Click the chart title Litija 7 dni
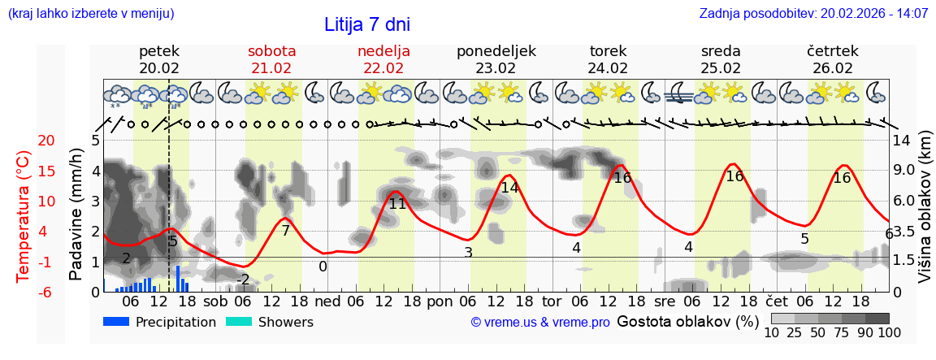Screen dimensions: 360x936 click(x=367, y=24)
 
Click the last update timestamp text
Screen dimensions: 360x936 click(x=813, y=14)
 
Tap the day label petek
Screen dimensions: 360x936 click(x=159, y=51)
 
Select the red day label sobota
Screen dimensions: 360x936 click(x=271, y=51)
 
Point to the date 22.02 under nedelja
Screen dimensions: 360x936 click(x=383, y=68)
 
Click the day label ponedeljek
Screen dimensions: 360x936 click(x=496, y=51)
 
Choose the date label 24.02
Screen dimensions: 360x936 click(x=608, y=68)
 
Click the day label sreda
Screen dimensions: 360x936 click(x=720, y=51)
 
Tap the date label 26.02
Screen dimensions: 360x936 click(x=833, y=68)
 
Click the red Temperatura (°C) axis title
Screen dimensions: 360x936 click(x=24, y=216)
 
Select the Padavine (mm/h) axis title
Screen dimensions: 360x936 click(x=76, y=215)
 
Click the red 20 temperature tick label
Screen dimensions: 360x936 click(x=24, y=141)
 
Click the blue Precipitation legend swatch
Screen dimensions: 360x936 click(x=117, y=322)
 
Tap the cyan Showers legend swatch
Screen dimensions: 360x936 click(x=239, y=322)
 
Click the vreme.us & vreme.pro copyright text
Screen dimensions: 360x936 click(x=539, y=323)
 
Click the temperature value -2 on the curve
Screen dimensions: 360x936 click(x=243, y=280)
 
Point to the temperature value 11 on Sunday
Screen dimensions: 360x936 click(x=397, y=204)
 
